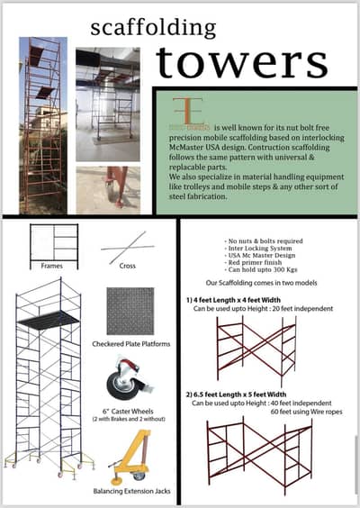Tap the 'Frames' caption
point(52,267)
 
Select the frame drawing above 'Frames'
point(53,241)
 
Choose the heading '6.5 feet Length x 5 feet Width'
point(244,394)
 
